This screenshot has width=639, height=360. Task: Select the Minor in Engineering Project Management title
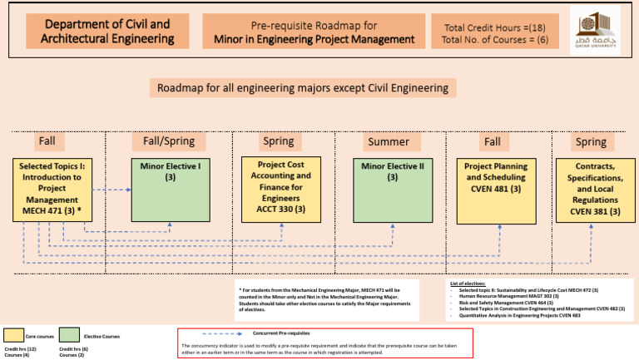pyautogui.click(x=310, y=32)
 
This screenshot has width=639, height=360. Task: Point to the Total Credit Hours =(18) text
pyautogui.click(x=483, y=25)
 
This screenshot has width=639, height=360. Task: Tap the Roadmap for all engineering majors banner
pyautogui.click(x=302, y=88)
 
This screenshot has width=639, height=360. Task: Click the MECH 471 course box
pyautogui.click(x=52, y=190)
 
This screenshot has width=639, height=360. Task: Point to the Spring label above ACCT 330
pyautogui.click(x=278, y=141)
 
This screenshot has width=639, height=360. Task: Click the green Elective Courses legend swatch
pyautogui.click(x=70, y=336)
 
